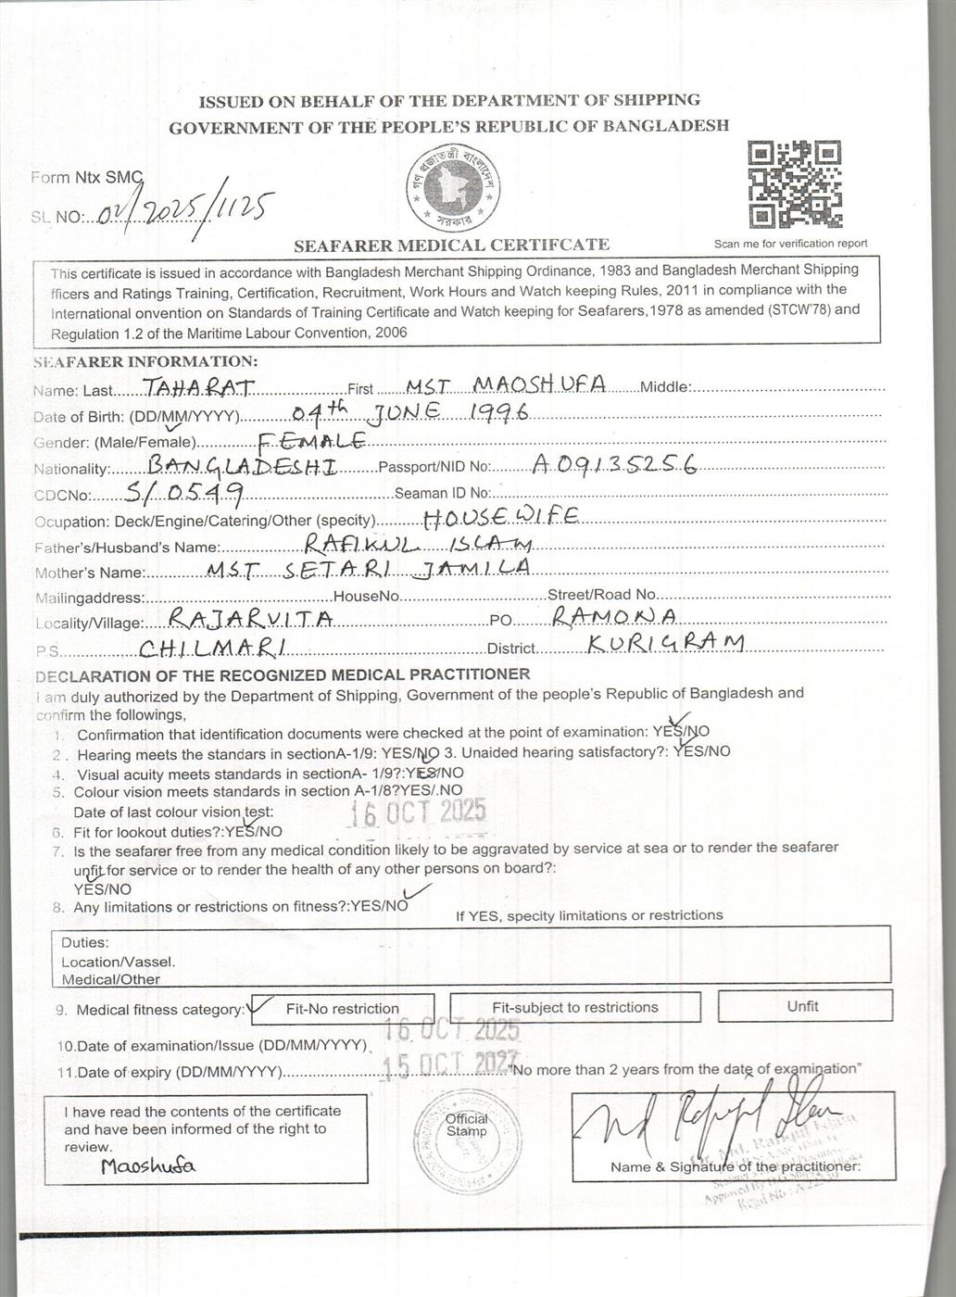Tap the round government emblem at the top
coord(452,188)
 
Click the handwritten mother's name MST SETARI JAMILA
coord(368,567)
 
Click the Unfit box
coord(803,1006)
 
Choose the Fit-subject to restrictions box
coord(574,1007)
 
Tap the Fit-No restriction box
coord(342,1009)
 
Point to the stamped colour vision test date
coord(417,812)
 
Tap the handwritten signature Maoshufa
coord(148,1165)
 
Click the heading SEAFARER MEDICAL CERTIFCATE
coord(451,246)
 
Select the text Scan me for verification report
coord(790,244)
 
